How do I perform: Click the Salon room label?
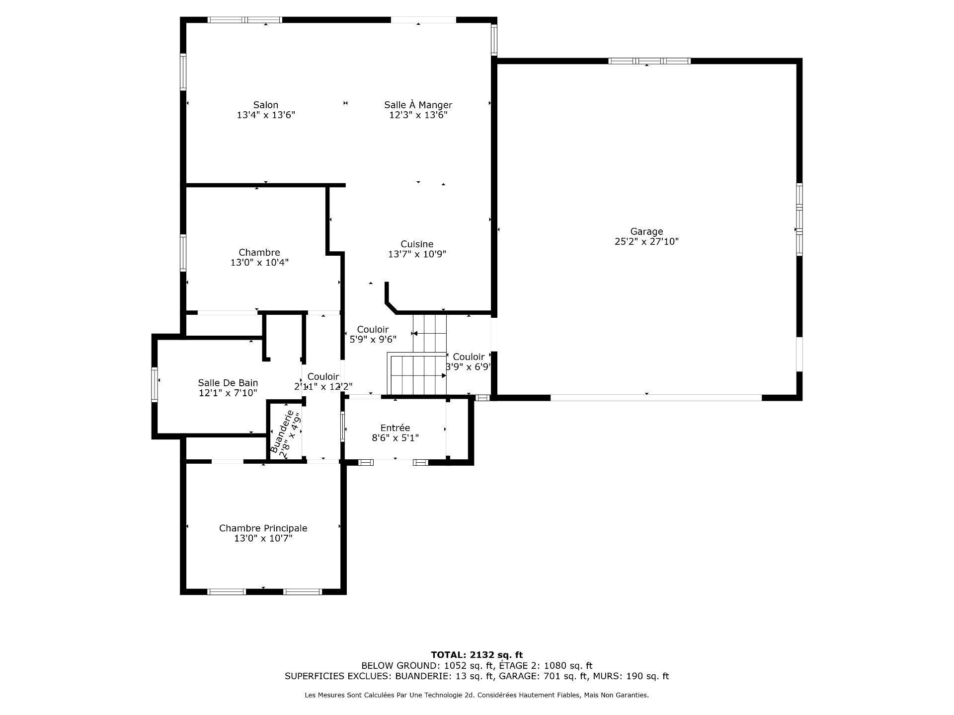[266, 105]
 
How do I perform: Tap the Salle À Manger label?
[418, 105]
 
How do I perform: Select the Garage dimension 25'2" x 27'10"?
[646, 242]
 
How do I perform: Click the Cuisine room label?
[417, 244]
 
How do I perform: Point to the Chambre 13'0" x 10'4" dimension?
[259, 263]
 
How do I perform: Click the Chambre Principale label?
[263, 528]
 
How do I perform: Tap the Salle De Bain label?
[228, 383]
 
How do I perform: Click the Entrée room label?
[395, 428]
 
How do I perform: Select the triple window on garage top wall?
[649, 61]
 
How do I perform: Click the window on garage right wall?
[799, 219]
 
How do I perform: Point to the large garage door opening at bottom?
[656, 398]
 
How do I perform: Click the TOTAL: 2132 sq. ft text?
[477, 655]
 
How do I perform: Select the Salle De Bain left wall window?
[155, 384]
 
